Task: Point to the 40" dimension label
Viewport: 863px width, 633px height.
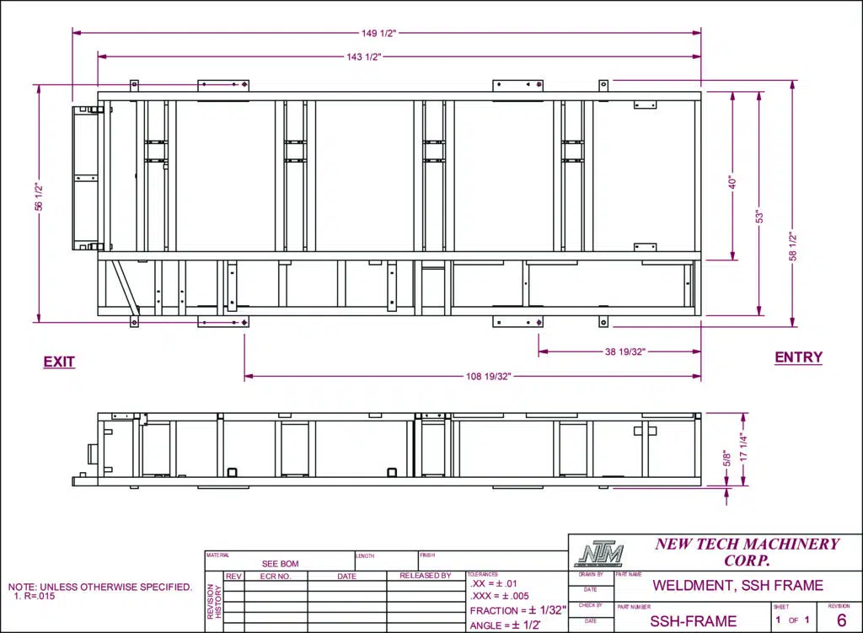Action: pos(732,181)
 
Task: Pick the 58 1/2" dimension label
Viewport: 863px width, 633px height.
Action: pos(792,246)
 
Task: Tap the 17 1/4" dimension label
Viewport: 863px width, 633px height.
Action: pos(743,447)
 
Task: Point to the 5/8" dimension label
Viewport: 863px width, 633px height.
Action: pos(727,459)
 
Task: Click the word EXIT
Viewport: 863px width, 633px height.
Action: pos(59,362)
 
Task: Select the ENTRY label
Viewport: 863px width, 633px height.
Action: pos(798,357)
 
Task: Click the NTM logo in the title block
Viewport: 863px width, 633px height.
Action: pos(598,555)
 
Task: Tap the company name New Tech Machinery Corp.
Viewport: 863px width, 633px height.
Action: pos(747,552)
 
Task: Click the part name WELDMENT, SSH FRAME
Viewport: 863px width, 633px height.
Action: pos(737,586)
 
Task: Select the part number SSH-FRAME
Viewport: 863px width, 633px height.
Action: pos(694,621)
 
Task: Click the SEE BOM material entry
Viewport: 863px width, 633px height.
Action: pos(280,564)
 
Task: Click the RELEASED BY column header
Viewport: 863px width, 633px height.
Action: pos(425,577)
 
